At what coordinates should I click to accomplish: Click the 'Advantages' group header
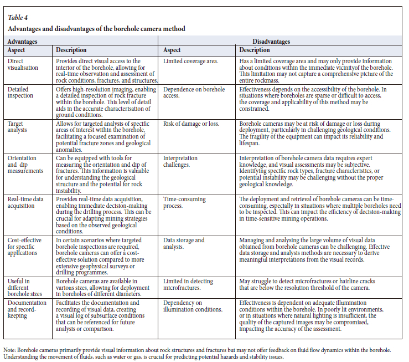point(23,42)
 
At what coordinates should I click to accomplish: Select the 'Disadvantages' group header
point(275,42)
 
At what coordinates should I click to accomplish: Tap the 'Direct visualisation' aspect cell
point(23,64)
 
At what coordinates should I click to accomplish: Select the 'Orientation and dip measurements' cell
point(27,165)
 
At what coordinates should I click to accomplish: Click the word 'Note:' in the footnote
point(10,350)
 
